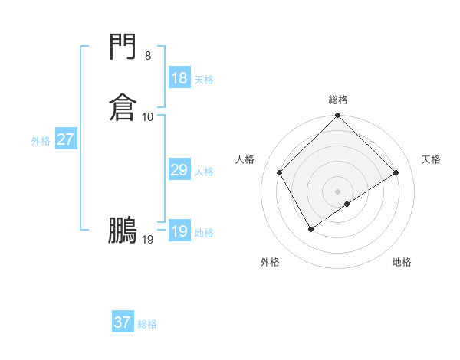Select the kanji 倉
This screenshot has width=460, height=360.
[x=123, y=106]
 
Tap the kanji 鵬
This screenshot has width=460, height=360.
[x=123, y=230]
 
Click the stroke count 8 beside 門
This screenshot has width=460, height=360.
[x=147, y=56]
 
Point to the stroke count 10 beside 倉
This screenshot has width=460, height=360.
[x=148, y=116]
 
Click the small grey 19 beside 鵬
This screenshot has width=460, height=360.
[x=148, y=240]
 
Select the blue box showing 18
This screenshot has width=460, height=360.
[x=179, y=78]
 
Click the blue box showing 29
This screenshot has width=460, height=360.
[x=179, y=170]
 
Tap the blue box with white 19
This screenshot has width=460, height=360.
[x=179, y=231]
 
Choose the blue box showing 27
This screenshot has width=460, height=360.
[x=65, y=139]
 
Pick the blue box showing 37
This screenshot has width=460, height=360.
[x=122, y=322]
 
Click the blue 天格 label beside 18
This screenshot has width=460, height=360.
[x=204, y=80]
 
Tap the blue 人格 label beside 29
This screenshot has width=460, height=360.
[x=204, y=172]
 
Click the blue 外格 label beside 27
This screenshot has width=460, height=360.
[x=41, y=141]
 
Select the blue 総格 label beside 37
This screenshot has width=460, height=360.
[x=147, y=324]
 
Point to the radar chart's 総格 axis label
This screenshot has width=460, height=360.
[x=337, y=100]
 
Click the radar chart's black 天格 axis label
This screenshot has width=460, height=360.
[x=431, y=159]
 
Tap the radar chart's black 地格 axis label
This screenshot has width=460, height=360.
[x=402, y=262]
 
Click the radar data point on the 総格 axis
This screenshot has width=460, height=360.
[x=337, y=116]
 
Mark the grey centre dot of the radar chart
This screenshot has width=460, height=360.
[x=337, y=191]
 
